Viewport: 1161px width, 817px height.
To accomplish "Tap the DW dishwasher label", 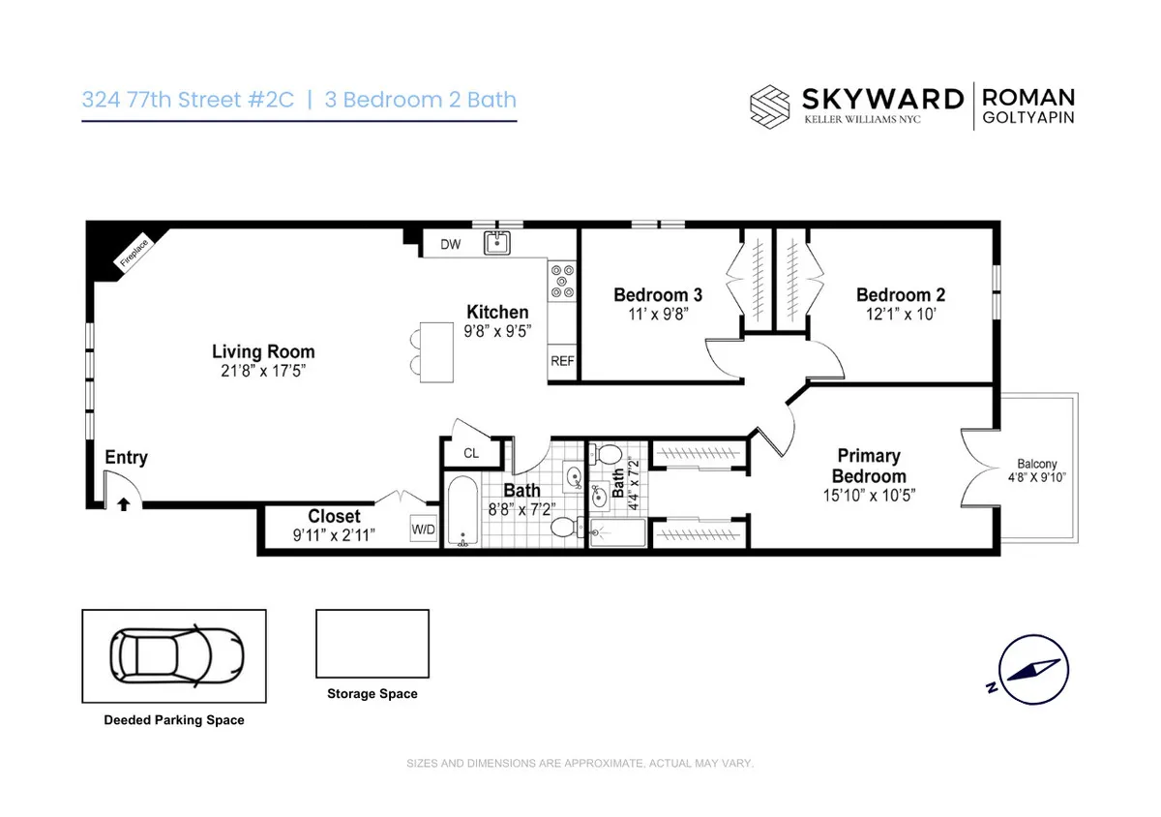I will (x=451, y=245).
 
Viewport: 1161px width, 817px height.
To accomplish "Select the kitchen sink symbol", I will (x=496, y=243).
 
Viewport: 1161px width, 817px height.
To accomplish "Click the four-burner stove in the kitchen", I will (x=562, y=281).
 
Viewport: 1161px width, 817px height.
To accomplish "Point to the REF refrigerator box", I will (x=562, y=361).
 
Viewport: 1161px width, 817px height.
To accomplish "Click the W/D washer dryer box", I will (x=424, y=530).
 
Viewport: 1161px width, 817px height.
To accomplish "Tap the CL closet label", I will (x=471, y=453).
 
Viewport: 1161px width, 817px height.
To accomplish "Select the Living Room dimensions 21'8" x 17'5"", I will (x=263, y=371).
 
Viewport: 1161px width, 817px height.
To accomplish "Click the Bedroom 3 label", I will (x=658, y=295).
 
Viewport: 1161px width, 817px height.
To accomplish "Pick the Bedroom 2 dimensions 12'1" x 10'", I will (x=901, y=314).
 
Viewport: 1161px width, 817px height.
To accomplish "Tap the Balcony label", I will (x=1036, y=464).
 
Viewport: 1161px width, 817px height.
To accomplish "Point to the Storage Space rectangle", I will (x=372, y=644).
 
